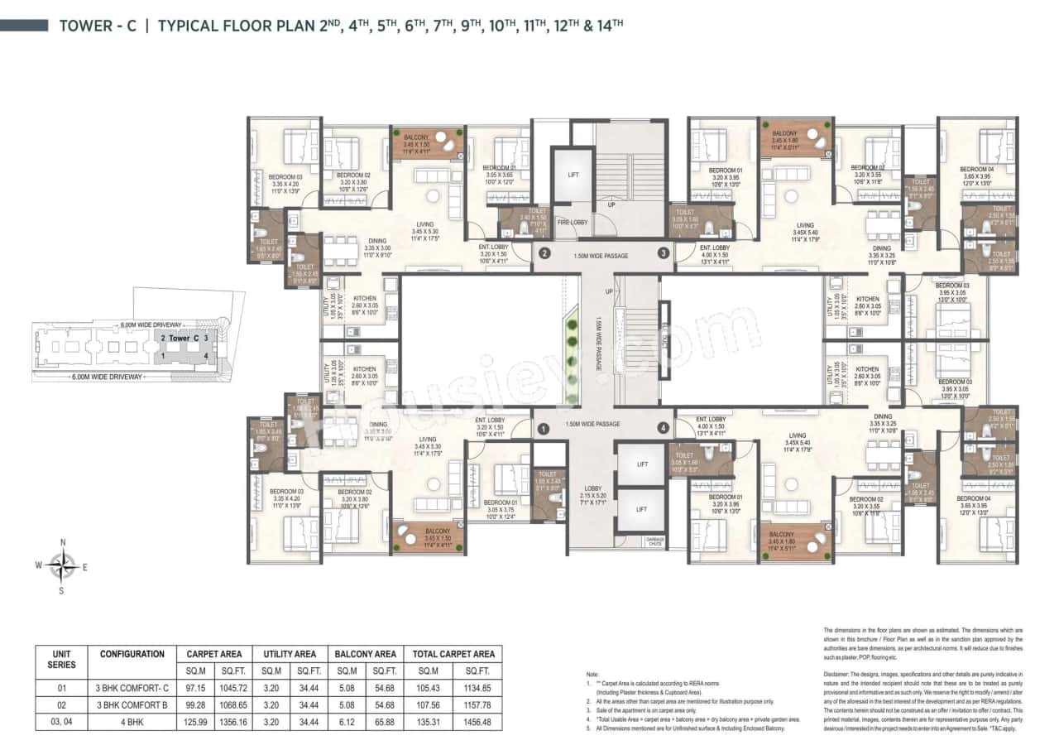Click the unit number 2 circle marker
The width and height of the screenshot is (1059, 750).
coord(544,253)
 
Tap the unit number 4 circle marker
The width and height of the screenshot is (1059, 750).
coord(663,428)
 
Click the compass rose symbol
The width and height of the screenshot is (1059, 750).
coord(61,566)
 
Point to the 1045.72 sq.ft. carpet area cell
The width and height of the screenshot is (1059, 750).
coord(230,689)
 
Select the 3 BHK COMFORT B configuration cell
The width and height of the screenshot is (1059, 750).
coord(132,705)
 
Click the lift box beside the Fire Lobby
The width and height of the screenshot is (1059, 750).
coord(573,175)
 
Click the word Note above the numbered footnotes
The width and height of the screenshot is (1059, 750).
coord(592,675)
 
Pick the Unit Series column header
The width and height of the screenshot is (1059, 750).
coord(61,659)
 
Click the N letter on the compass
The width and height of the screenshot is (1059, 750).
coord(62,543)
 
